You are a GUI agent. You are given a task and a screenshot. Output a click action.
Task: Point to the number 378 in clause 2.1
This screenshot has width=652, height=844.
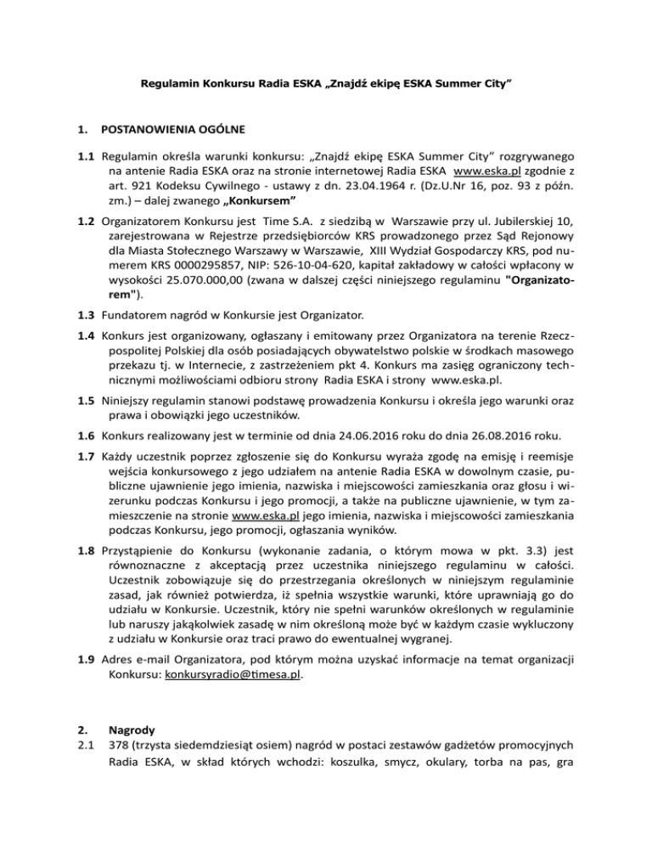pyautogui.click(x=111, y=753)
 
